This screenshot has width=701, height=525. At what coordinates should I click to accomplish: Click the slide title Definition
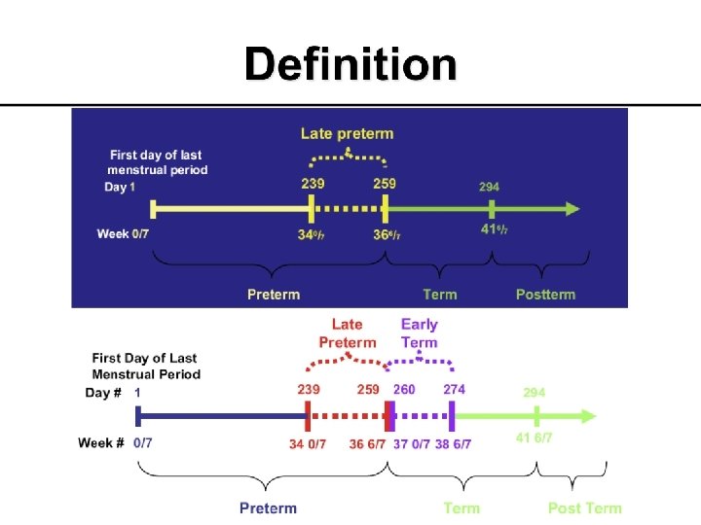[x=350, y=65]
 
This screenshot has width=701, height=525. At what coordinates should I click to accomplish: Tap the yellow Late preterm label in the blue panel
[x=347, y=133]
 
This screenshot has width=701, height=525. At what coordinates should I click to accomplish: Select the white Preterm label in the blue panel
[x=274, y=294]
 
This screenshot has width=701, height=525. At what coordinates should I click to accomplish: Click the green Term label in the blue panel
[x=440, y=294]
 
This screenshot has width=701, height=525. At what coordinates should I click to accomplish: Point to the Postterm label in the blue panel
[x=545, y=294]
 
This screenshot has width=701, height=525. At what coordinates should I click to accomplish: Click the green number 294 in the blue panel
[x=491, y=186]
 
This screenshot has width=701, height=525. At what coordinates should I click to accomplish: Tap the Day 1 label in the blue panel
[x=120, y=187]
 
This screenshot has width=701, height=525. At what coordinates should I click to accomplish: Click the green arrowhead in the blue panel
[x=572, y=209]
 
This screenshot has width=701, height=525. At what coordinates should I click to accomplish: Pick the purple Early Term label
[x=420, y=332]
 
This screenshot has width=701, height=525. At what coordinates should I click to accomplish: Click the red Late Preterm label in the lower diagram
[x=348, y=332]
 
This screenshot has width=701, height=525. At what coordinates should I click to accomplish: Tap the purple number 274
[x=454, y=389]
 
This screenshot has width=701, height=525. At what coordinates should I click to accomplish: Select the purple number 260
[x=403, y=389]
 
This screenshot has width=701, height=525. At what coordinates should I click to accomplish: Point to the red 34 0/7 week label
[x=308, y=443]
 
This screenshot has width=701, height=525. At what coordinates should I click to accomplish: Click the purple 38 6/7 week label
[x=453, y=443]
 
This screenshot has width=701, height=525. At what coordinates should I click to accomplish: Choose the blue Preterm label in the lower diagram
[x=268, y=507]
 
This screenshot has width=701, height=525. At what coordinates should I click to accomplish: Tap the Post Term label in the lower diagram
[x=584, y=507]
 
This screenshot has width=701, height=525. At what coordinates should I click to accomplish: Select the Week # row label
[x=101, y=442]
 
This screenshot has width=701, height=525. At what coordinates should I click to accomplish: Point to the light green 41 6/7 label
[x=534, y=437]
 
